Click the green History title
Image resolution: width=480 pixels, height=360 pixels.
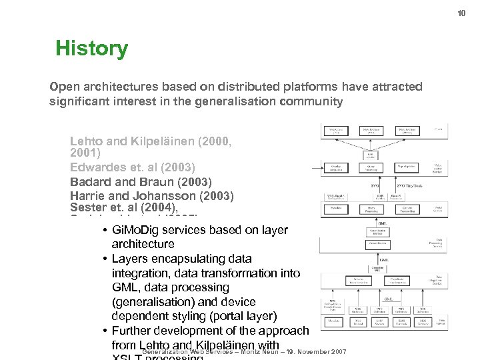91,49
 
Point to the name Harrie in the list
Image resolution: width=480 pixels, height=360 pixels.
87,196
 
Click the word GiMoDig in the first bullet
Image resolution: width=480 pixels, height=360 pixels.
137,230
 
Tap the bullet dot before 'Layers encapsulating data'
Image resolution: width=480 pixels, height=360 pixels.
106,259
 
